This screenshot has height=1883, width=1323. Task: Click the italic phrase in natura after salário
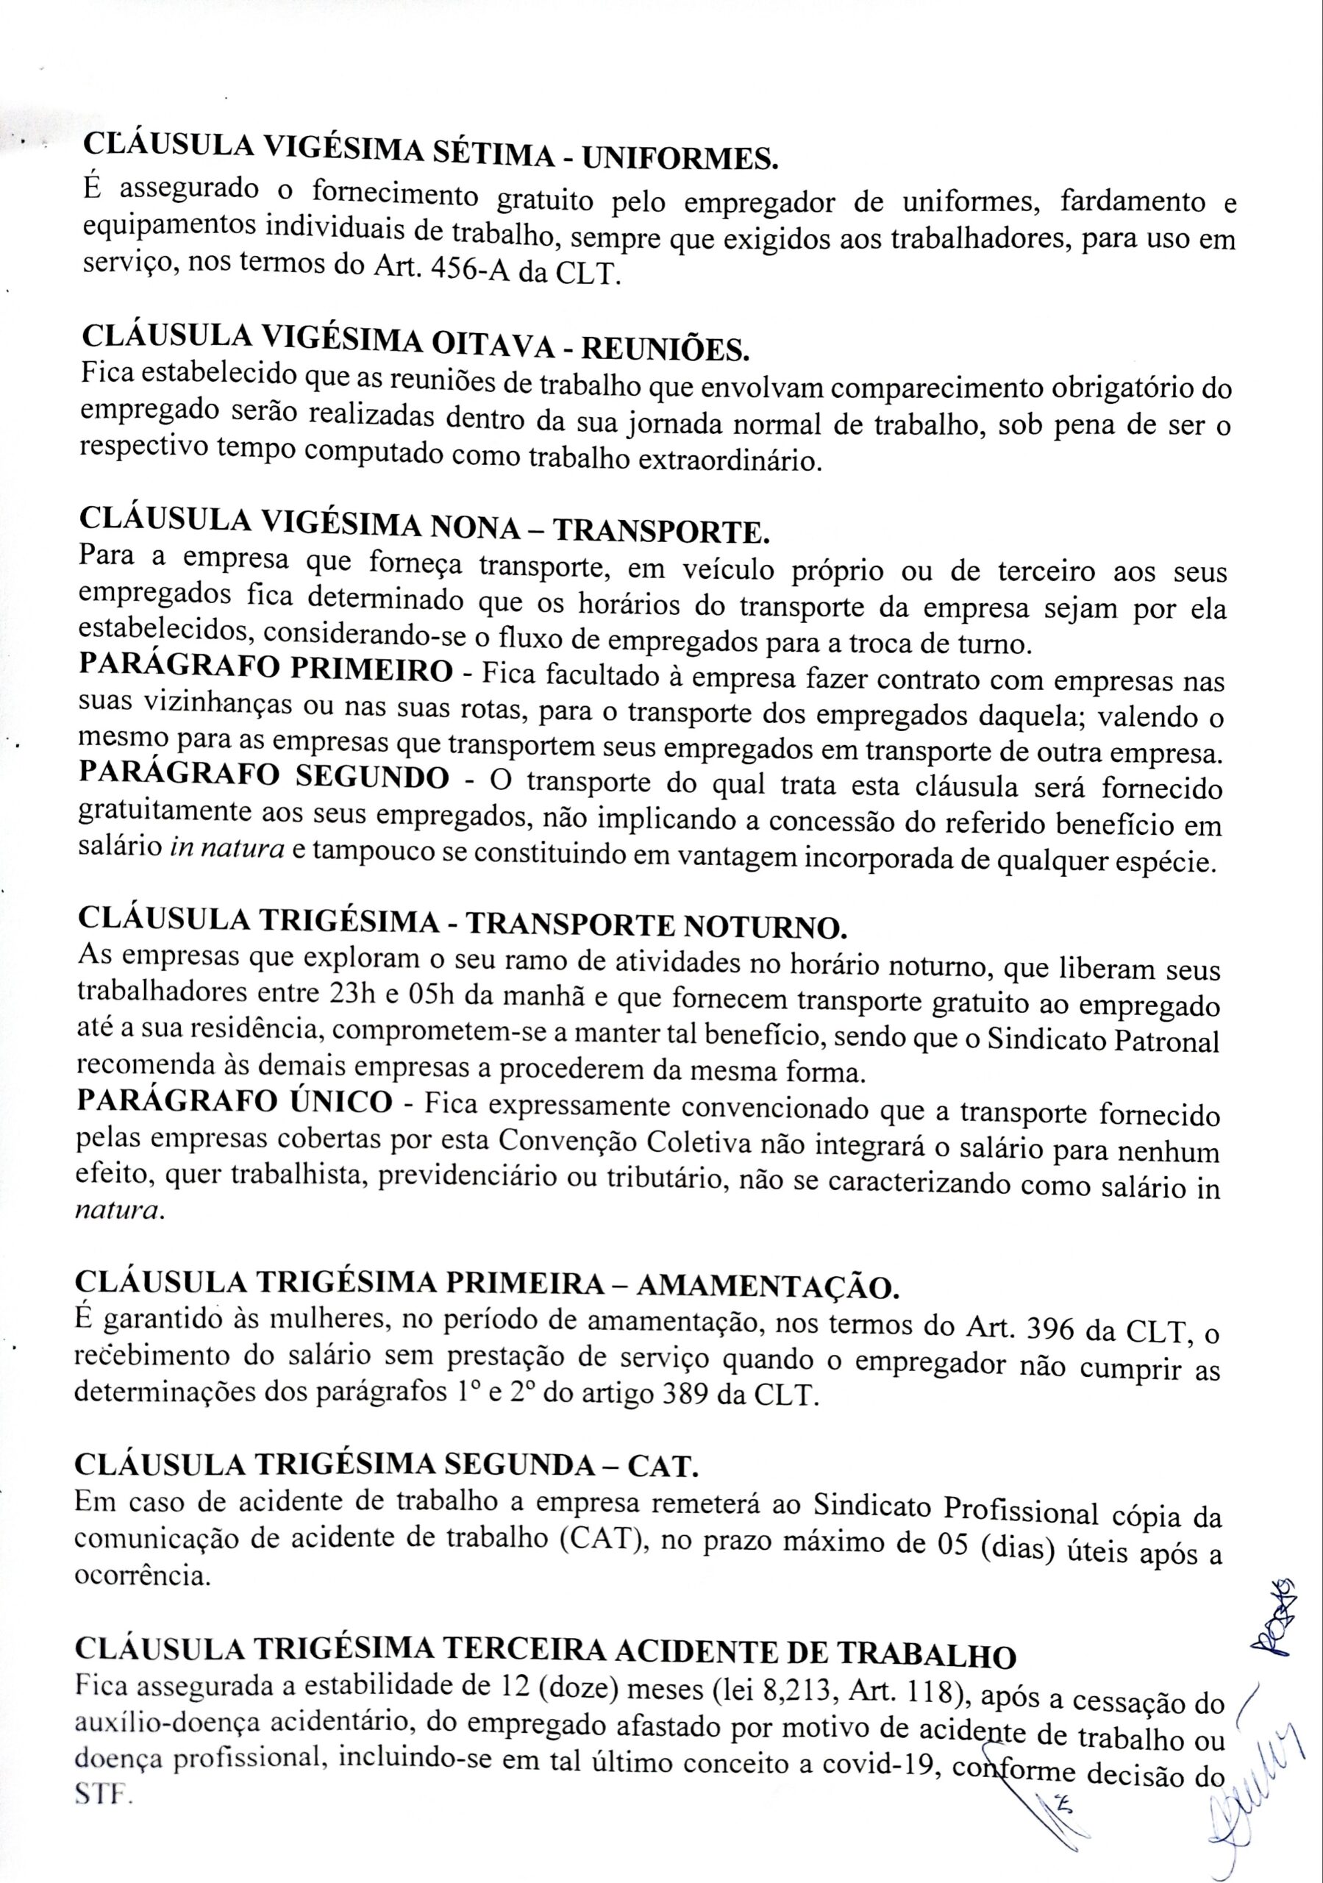tap(227, 850)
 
